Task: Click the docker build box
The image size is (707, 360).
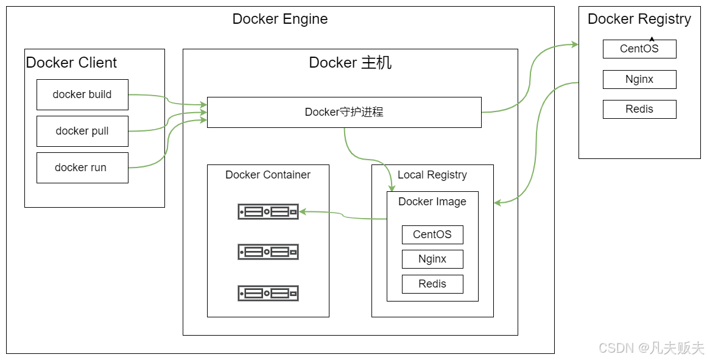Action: tap(82, 94)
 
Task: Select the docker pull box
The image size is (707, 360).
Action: tap(82, 131)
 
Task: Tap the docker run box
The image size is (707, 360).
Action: tap(82, 168)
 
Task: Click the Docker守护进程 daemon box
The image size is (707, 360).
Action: tap(344, 112)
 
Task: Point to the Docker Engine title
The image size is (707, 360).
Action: tap(280, 19)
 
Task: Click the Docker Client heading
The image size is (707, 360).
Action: tap(71, 62)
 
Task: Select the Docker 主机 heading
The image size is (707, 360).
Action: tap(350, 62)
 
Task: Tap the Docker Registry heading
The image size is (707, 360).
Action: tap(639, 19)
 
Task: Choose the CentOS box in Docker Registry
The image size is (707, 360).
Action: tap(639, 49)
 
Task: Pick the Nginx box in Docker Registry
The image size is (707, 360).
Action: tap(639, 79)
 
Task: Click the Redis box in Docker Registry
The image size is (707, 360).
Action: tap(639, 109)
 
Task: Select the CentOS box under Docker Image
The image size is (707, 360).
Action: tap(432, 235)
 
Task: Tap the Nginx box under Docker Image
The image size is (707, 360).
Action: tap(432, 259)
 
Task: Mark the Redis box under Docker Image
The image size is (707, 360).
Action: tap(432, 284)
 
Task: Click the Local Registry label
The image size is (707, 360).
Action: tap(432, 175)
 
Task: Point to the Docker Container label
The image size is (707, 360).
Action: tap(268, 175)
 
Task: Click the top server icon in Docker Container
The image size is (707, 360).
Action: tap(268, 211)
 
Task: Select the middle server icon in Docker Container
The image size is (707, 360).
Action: tap(268, 252)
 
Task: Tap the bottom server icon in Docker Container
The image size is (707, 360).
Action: tap(268, 293)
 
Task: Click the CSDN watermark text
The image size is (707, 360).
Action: tap(652, 348)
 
